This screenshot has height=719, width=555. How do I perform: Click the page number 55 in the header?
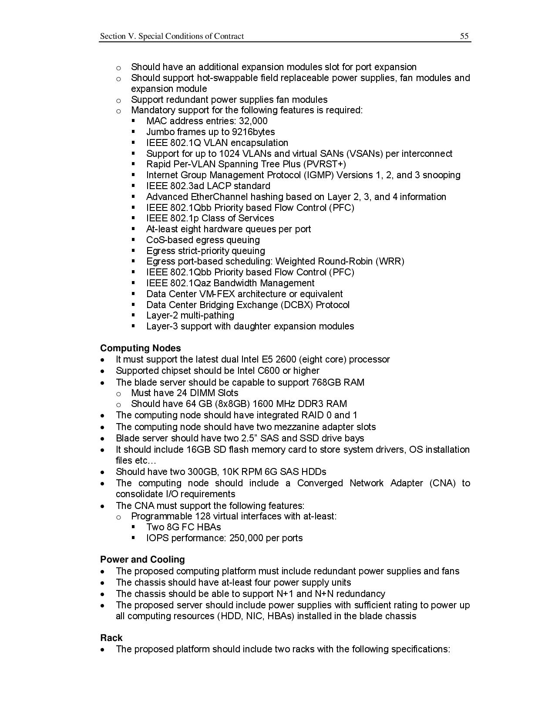[464, 36]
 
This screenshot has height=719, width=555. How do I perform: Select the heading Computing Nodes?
[140, 348]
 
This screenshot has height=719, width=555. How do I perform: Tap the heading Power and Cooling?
[142, 560]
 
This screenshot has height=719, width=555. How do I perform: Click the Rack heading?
[111, 638]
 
